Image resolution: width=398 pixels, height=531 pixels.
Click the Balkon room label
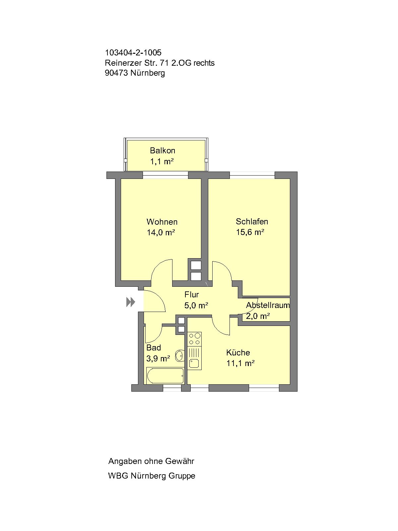click(163, 150)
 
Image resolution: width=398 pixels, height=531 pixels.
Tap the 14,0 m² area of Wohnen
click(161, 233)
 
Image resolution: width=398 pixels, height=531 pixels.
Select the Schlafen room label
click(252, 221)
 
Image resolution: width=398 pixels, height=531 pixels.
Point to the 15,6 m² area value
click(250, 232)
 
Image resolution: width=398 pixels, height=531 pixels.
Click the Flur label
click(192, 294)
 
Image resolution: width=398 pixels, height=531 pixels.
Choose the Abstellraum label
click(268, 305)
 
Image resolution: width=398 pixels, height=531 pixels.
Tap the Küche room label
click(238, 352)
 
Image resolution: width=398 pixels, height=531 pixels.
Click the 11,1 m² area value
click(240, 363)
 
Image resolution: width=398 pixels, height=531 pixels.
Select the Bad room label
click(154, 347)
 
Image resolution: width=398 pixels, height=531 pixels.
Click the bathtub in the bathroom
click(165, 376)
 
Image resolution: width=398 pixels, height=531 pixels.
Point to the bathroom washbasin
click(179, 356)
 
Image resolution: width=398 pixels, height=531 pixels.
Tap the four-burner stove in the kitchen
click(195, 339)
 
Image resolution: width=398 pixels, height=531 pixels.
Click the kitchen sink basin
click(194, 364)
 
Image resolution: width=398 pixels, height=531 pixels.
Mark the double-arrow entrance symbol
click(130, 302)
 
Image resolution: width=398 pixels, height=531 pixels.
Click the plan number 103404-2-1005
click(133, 52)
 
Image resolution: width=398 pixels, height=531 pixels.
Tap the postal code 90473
click(116, 73)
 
